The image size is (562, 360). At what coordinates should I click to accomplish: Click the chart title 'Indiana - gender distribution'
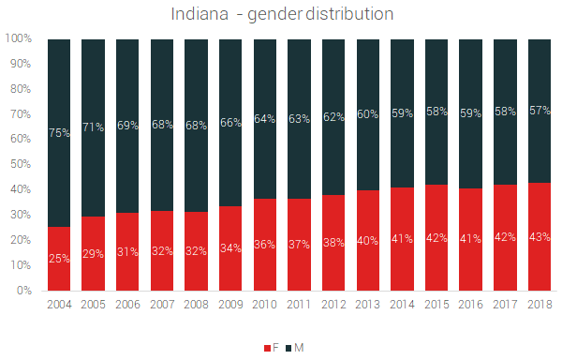(x=282, y=15)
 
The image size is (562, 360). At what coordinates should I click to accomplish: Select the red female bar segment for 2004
(x=58, y=259)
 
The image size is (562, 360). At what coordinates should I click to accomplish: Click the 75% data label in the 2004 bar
(x=58, y=133)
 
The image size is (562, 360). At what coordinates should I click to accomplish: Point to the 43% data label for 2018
(x=540, y=236)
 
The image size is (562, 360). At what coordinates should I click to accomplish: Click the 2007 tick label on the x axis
(x=161, y=305)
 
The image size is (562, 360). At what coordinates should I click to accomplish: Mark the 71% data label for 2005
(x=93, y=127)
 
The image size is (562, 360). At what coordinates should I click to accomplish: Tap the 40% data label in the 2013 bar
(x=368, y=240)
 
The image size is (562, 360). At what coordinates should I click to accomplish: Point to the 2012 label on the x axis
(x=333, y=305)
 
